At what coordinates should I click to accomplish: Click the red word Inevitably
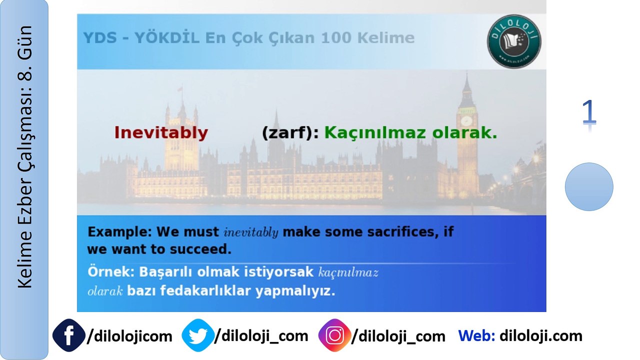pyautogui.click(x=160, y=133)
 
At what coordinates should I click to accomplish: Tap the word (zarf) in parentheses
pyautogui.click(x=286, y=133)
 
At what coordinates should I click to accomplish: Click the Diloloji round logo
pyautogui.click(x=514, y=41)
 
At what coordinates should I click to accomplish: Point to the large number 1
pyautogui.click(x=589, y=112)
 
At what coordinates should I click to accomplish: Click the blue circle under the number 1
pyautogui.click(x=589, y=186)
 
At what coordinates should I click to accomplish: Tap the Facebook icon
pyautogui.click(x=68, y=335)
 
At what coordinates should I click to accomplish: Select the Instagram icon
pyautogui.click(x=334, y=335)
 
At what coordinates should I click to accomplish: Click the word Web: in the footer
pyautogui.click(x=476, y=335)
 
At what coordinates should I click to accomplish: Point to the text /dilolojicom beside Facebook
pyautogui.click(x=129, y=336)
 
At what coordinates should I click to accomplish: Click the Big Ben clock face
pyautogui.click(x=466, y=121)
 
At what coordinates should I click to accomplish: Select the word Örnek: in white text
pyautogui.click(x=111, y=272)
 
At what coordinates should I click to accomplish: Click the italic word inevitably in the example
pyautogui.click(x=251, y=232)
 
